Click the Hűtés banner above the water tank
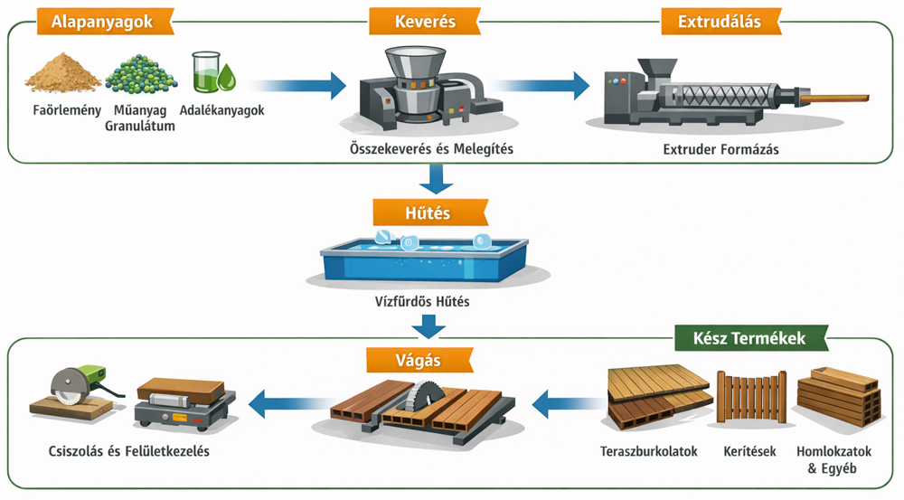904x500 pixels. pos(429,213)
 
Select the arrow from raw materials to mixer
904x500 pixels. pos(298,86)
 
